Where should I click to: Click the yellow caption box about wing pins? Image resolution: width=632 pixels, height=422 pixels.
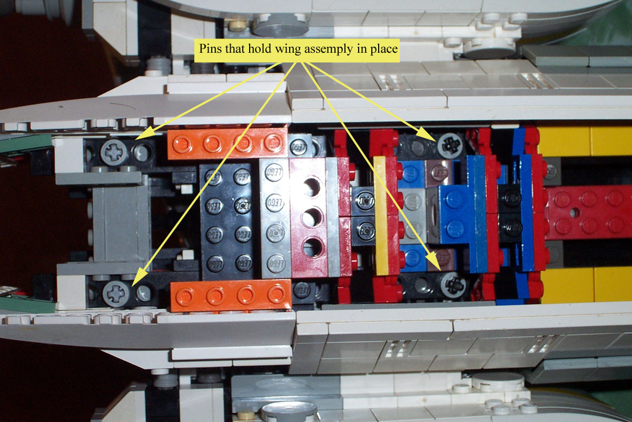(298, 49)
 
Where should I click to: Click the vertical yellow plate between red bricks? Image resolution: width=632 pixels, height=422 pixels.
(380, 216)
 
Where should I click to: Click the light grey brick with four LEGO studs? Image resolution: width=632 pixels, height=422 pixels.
(274, 217)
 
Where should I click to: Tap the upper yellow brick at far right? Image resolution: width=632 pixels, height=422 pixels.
(585, 141)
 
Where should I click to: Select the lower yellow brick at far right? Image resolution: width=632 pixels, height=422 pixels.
(585, 285)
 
